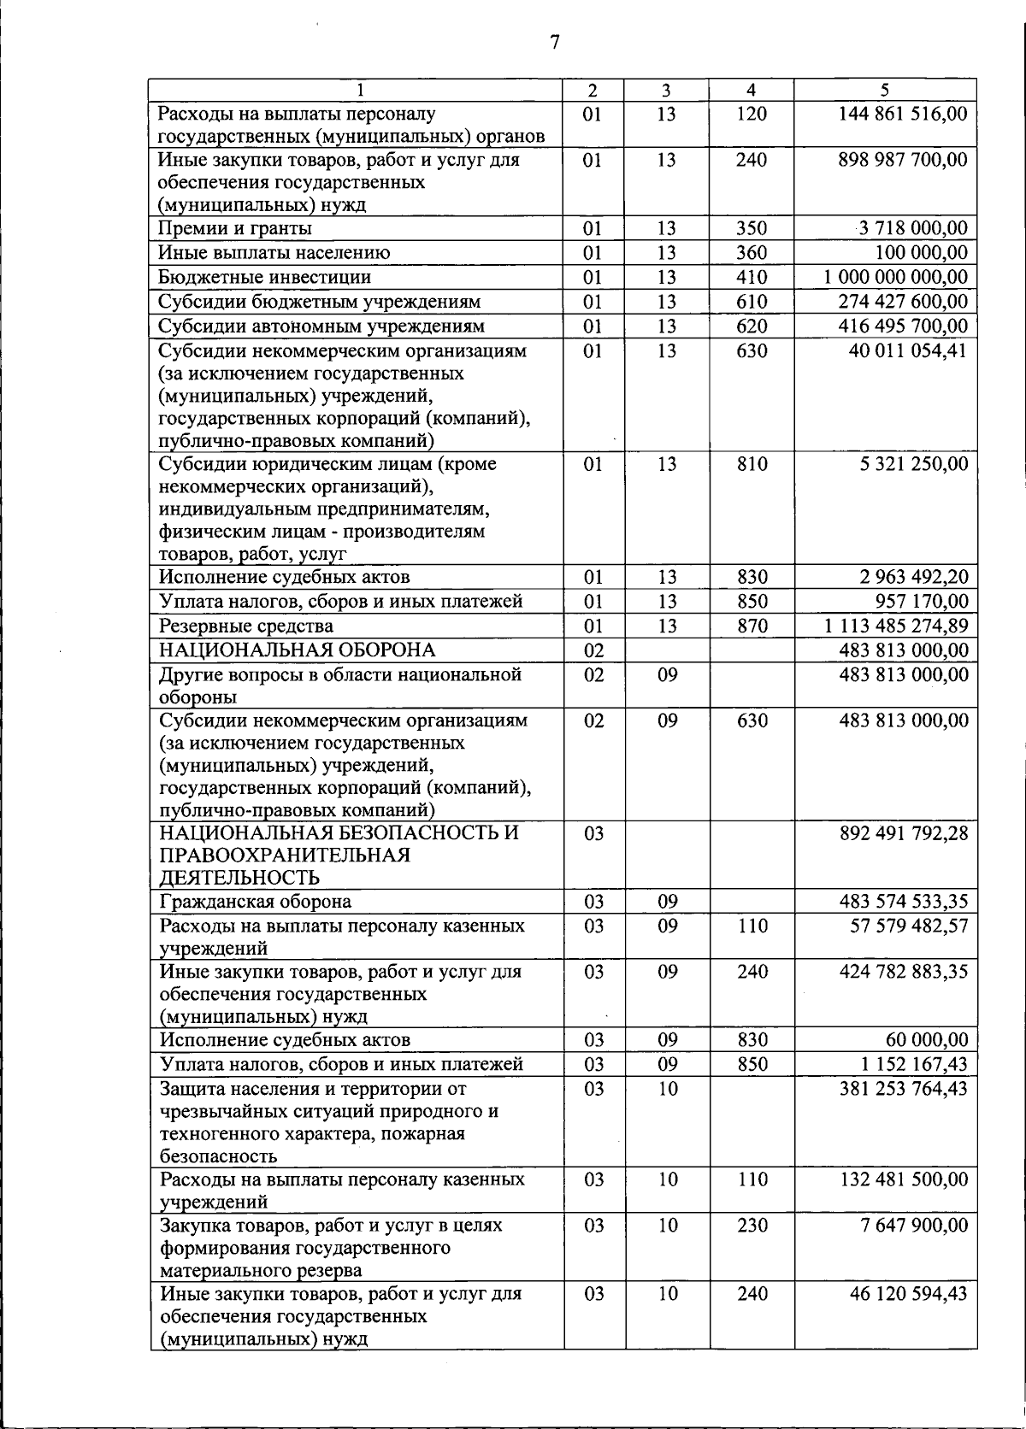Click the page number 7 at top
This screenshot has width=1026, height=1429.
(555, 42)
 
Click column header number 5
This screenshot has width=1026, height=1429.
(885, 90)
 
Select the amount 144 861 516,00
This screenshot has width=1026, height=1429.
(903, 114)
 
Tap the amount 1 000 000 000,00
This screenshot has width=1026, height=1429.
(896, 277)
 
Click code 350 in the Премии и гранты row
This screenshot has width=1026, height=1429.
(752, 228)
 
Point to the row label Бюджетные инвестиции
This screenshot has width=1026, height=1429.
(265, 277)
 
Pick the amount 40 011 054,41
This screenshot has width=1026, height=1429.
(908, 350)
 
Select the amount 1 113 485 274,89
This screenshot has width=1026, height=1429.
(896, 626)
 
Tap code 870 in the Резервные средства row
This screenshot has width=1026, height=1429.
(752, 626)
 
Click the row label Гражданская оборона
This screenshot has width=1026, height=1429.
(256, 902)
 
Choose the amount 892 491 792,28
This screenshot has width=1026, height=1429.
(904, 833)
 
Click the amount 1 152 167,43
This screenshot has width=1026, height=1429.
(915, 1065)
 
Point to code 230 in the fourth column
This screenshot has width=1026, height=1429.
(752, 1226)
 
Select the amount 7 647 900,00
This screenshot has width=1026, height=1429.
(914, 1226)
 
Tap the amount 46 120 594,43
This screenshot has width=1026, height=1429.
(908, 1294)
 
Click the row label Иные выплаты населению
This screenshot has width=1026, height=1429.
(274, 253)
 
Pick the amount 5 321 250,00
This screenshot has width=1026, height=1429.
(914, 464)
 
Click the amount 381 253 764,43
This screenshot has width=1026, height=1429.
(904, 1089)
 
